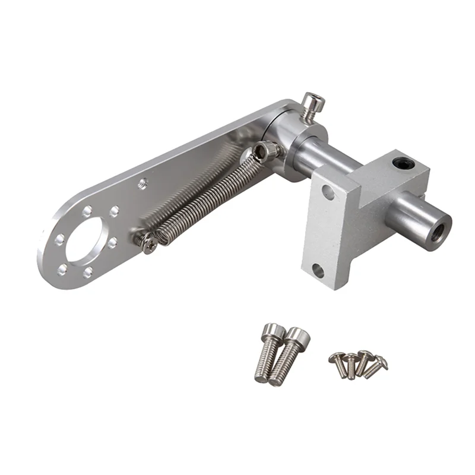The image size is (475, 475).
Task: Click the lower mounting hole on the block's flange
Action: (318, 271)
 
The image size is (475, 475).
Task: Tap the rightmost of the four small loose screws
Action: (376, 366)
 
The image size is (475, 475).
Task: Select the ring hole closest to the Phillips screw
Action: (113, 243)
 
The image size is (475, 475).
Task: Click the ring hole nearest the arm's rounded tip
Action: (59, 240)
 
